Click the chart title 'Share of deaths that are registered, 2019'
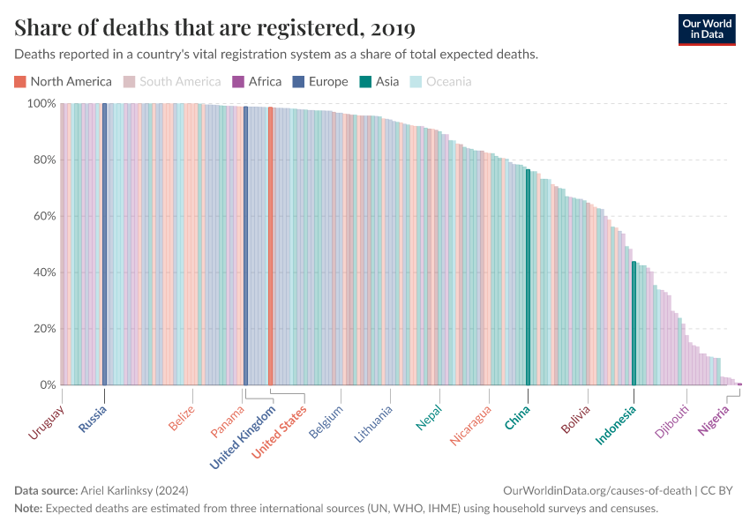pyautogui.click(x=215, y=28)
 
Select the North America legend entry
pyautogui.click(x=63, y=82)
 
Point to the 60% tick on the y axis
pyautogui.click(x=42, y=216)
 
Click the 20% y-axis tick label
pyautogui.click(x=42, y=329)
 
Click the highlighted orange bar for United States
pyautogui.click(x=270, y=246)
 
